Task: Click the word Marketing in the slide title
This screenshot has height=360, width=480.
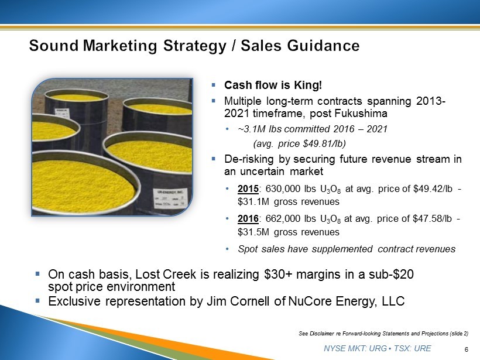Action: pyautogui.click(x=119, y=46)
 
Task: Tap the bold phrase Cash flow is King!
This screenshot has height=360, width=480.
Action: pyautogui.click(x=273, y=85)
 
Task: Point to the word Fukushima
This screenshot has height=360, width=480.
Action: pyautogui.click(x=361, y=113)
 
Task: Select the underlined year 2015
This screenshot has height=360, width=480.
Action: pyautogui.click(x=248, y=189)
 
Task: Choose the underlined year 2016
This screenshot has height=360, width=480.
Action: pyautogui.click(x=248, y=218)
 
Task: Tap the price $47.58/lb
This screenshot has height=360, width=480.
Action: pyautogui.click(x=432, y=218)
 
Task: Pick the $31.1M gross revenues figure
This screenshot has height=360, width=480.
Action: pyautogui.click(x=289, y=202)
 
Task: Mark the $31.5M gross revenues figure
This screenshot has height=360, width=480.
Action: pyautogui.click(x=289, y=232)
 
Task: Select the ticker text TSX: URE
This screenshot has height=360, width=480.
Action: pyautogui.click(x=412, y=348)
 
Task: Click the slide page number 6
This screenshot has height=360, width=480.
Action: pyautogui.click(x=466, y=349)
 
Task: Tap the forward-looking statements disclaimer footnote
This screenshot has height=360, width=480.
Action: pyautogui.click(x=383, y=334)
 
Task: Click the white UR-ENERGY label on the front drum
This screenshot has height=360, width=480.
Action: pyautogui.click(x=171, y=198)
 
